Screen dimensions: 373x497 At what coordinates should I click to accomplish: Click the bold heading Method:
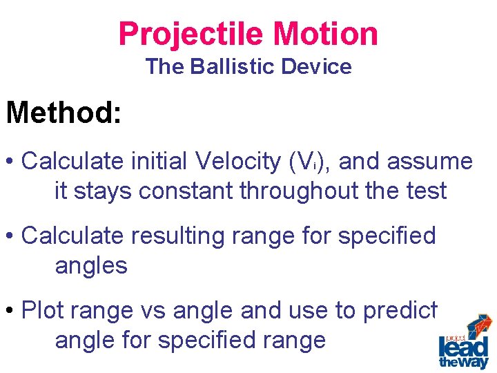(64, 112)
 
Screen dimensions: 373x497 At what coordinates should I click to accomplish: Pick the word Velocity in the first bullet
(238, 162)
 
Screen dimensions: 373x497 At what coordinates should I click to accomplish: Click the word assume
(430, 162)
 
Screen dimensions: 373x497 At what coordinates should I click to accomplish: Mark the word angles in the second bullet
(91, 266)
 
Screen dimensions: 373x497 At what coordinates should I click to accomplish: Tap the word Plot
(44, 311)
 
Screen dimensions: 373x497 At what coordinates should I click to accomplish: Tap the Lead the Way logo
(463, 342)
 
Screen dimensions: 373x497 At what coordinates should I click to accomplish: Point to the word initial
(159, 162)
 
